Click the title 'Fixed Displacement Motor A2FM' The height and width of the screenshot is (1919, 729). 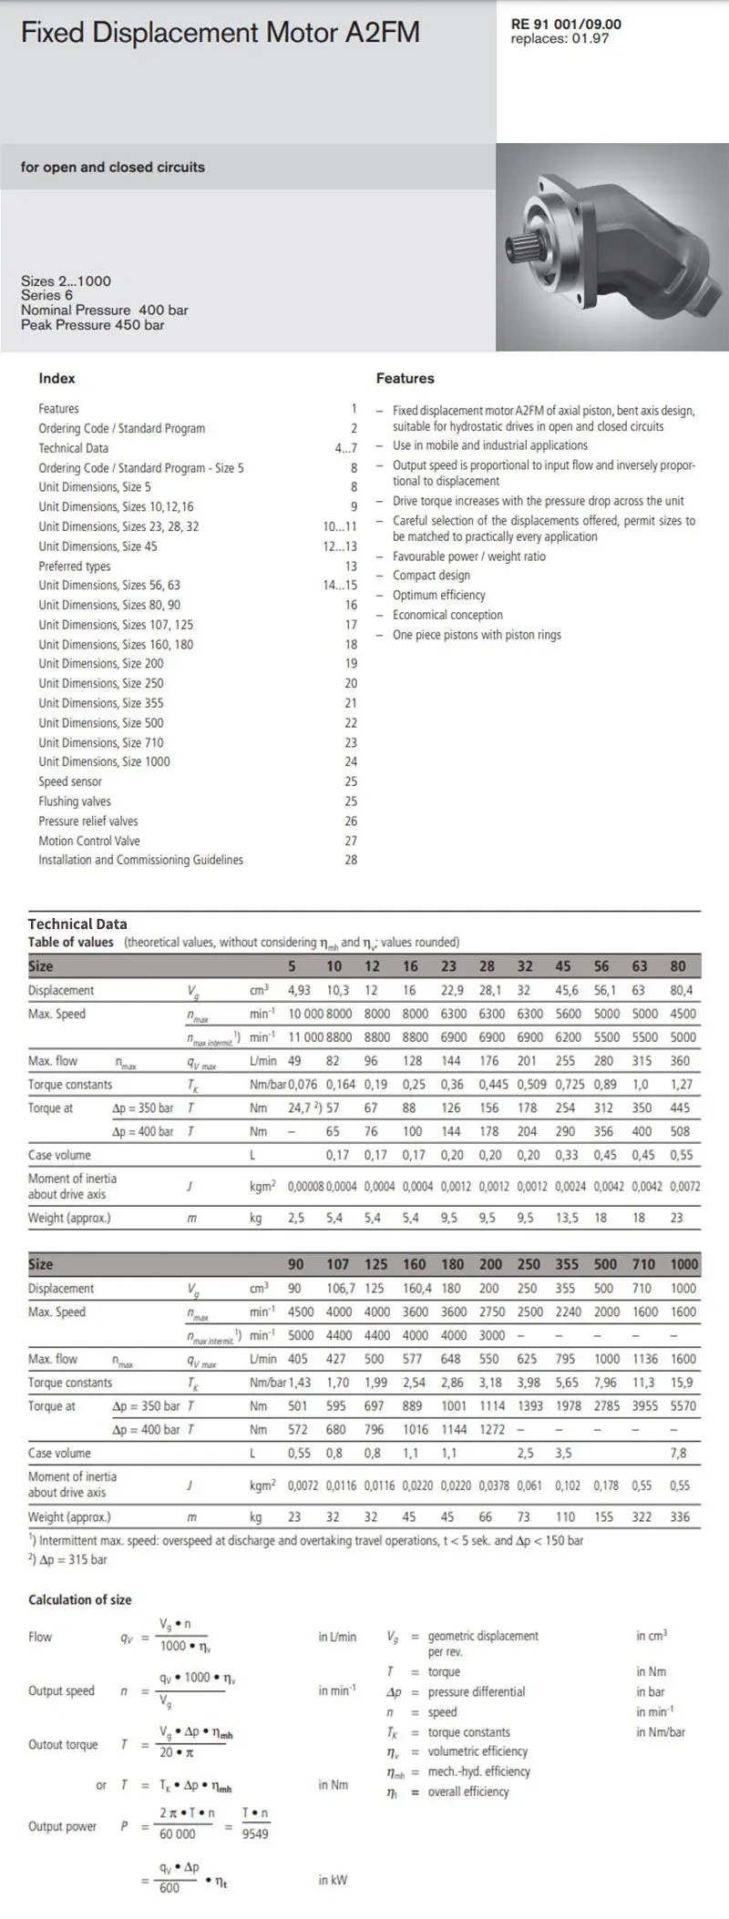click(220, 34)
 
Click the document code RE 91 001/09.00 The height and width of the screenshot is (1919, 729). click(566, 25)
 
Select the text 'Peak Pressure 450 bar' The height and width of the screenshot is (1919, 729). click(93, 325)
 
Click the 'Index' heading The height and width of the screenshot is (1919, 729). click(56, 379)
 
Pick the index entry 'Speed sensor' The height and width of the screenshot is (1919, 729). click(70, 781)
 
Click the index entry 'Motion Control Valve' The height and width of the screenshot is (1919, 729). click(89, 841)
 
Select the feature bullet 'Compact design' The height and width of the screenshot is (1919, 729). click(431, 576)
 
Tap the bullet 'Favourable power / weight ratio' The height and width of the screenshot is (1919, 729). click(469, 556)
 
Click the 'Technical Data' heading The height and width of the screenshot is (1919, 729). click(77, 924)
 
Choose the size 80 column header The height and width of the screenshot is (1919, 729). click(678, 966)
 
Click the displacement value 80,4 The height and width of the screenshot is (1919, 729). click(681, 990)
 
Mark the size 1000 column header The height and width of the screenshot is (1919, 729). click(683, 1264)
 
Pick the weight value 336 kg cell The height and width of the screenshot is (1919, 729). click(680, 1517)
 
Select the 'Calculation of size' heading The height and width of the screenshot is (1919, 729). click(80, 1599)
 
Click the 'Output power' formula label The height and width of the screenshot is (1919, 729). click(62, 1826)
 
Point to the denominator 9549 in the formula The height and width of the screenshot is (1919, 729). click(255, 1834)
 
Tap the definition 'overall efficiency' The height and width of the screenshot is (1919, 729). click(468, 1791)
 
